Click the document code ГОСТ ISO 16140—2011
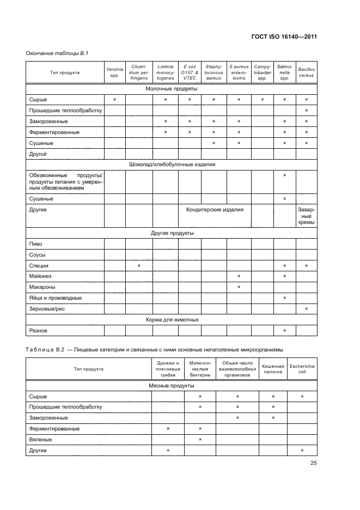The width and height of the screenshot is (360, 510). pyautogui.click(x=285, y=37)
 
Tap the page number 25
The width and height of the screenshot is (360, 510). pyautogui.click(x=313, y=463)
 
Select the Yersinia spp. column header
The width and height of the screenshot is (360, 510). pyautogui.click(x=114, y=72)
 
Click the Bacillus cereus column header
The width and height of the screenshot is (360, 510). pyautogui.click(x=306, y=72)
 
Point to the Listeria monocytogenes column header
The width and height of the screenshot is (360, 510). pyautogui.click(x=165, y=72)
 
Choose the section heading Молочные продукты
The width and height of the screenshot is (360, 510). pyautogui.click(x=172, y=88)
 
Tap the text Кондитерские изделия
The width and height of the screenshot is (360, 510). pyautogui.click(x=215, y=209)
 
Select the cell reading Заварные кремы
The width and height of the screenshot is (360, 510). pyautogui.click(x=306, y=216)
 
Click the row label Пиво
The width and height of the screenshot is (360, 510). pyautogui.click(x=35, y=244)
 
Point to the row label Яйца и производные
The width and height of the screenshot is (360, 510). pyautogui.click(x=55, y=297)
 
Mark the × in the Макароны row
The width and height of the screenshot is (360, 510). pyautogui.click(x=239, y=287)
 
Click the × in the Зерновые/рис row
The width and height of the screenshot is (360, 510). pyautogui.click(x=306, y=308)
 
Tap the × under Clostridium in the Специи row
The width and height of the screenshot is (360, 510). pyautogui.click(x=139, y=265)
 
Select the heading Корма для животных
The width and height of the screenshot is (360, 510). pyautogui.click(x=172, y=319)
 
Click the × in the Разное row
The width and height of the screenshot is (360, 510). pyautogui.click(x=284, y=330)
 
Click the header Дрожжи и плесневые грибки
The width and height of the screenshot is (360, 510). pyautogui.click(x=168, y=369)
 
